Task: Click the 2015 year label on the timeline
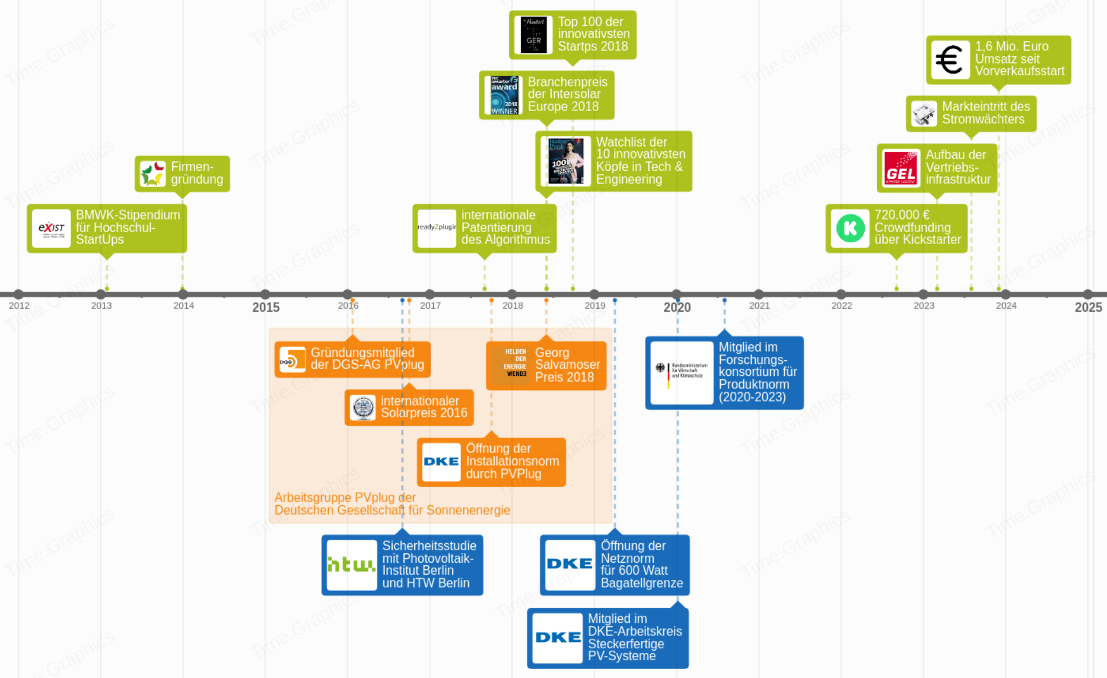click(266, 307)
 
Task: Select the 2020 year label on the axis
click(677, 307)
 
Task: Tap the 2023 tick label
click(924, 306)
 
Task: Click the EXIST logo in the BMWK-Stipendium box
click(52, 228)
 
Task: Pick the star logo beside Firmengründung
click(152, 174)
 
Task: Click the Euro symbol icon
click(950, 59)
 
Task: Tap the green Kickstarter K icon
click(850, 228)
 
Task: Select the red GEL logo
click(901, 168)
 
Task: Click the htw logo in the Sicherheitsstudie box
click(351, 565)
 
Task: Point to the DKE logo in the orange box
click(441, 461)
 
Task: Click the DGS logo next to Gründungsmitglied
click(292, 359)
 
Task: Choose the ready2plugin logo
click(437, 228)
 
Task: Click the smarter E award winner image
click(504, 95)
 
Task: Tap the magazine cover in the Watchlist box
click(565, 161)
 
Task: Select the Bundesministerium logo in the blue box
click(682, 372)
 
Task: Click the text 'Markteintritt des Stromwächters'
click(985, 113)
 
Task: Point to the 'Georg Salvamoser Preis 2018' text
click(567, 365)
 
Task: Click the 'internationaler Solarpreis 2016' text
click(424, 407)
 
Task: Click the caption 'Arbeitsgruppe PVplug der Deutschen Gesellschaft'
click(392, 504)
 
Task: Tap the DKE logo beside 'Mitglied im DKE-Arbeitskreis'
click(558, 638)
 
